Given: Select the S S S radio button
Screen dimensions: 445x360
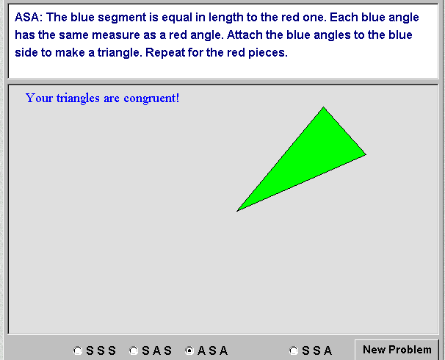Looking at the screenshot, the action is (78, 350).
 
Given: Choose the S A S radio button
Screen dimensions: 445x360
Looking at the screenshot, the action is (134, 350).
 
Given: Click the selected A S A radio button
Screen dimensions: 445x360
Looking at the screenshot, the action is (189, 350).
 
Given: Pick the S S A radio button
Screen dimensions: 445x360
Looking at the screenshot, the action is (294, 350).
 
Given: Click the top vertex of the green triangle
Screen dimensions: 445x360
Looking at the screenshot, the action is (323, 107).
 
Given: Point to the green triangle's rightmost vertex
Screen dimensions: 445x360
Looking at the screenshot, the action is (366, 154).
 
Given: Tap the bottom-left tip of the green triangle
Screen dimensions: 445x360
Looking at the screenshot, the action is (237, 211).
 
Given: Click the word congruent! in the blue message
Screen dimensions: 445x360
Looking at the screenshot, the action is (151, 98).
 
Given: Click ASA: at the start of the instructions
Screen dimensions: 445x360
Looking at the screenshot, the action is (29, 18).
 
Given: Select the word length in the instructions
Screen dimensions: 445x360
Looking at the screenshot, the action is (226, 18).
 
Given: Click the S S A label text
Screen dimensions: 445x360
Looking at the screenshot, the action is (316, 350).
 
